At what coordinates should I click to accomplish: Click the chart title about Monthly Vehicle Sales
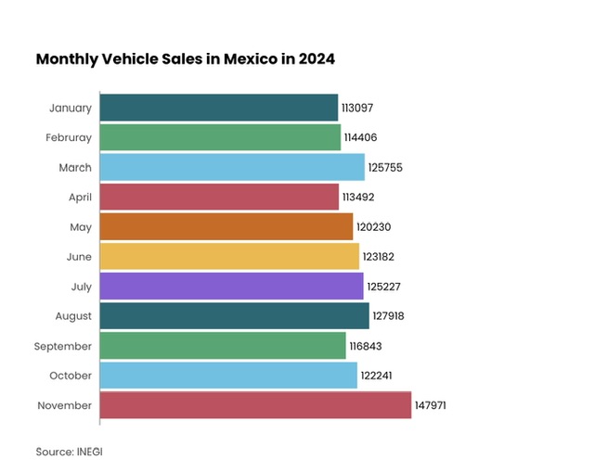click(x=185, y=58)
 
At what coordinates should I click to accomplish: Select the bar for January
click(x=218, y=108)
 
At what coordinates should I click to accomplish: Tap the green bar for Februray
click(x=220, y=137)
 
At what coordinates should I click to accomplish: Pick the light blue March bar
click(x=232, y=167)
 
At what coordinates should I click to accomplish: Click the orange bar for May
click(x=226, y=226)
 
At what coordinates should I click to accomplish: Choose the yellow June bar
click(x=229, y=256)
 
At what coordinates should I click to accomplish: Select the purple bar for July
click(x=231, y=286)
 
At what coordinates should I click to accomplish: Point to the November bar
click(x=255, y=405)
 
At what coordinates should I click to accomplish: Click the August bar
click(x=234, y=316)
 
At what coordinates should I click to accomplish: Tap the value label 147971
click(x=432, y=405)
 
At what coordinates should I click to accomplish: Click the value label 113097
click(x=357, y=108)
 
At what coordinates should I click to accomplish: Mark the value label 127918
click(x=388, y=316)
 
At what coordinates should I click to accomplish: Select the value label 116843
click(x=366, y=346)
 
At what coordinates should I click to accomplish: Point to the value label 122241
click(x=377, y=376)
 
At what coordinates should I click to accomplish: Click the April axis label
click(x=79, y=197)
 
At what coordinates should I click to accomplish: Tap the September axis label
click(x=64, y=346)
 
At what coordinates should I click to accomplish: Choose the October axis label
click(x=71, y=376)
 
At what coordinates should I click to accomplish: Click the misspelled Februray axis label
click(x=69, y=137)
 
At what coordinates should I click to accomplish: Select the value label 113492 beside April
click(x=358, y=197)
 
